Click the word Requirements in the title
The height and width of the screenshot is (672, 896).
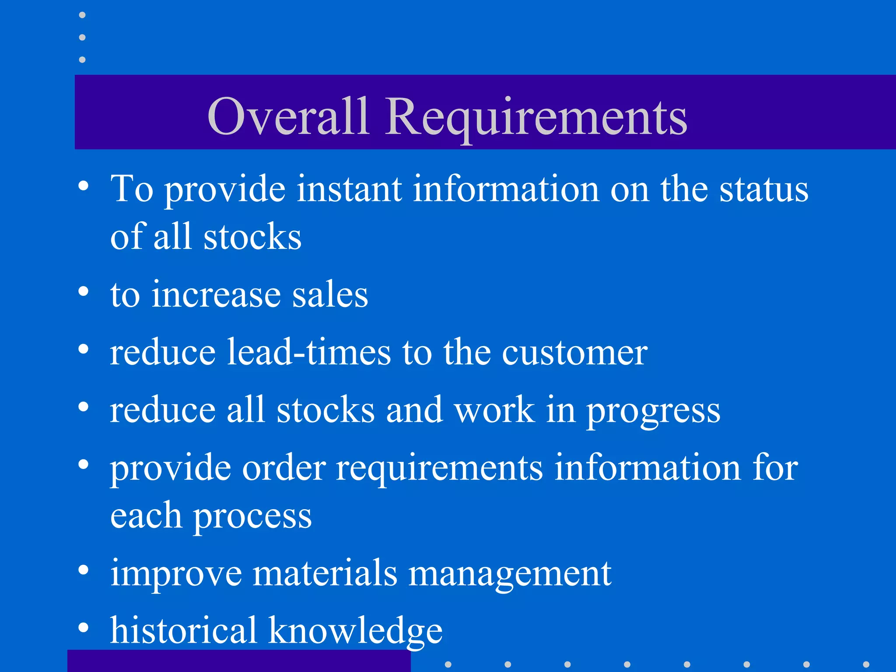[x=536, y=117]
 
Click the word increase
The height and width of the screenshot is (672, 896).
[x=216, y=295]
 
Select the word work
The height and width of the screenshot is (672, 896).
[x=495, y=410]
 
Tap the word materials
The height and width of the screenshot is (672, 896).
[x=325, y=573]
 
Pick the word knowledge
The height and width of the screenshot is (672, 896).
[x=355, y=631]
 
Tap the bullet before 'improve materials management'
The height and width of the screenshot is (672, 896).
[x=83, y=570]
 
